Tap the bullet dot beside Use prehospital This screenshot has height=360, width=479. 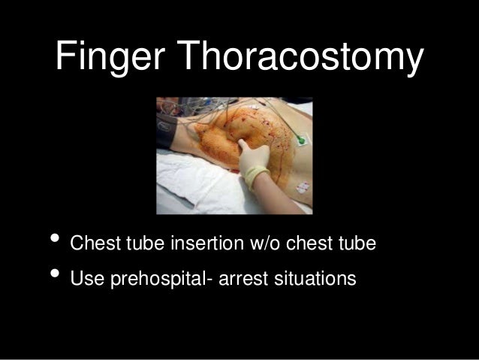(53, 277)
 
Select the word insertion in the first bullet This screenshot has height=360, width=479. (203, 245)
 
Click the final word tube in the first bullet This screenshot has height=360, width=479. (360, 245)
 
